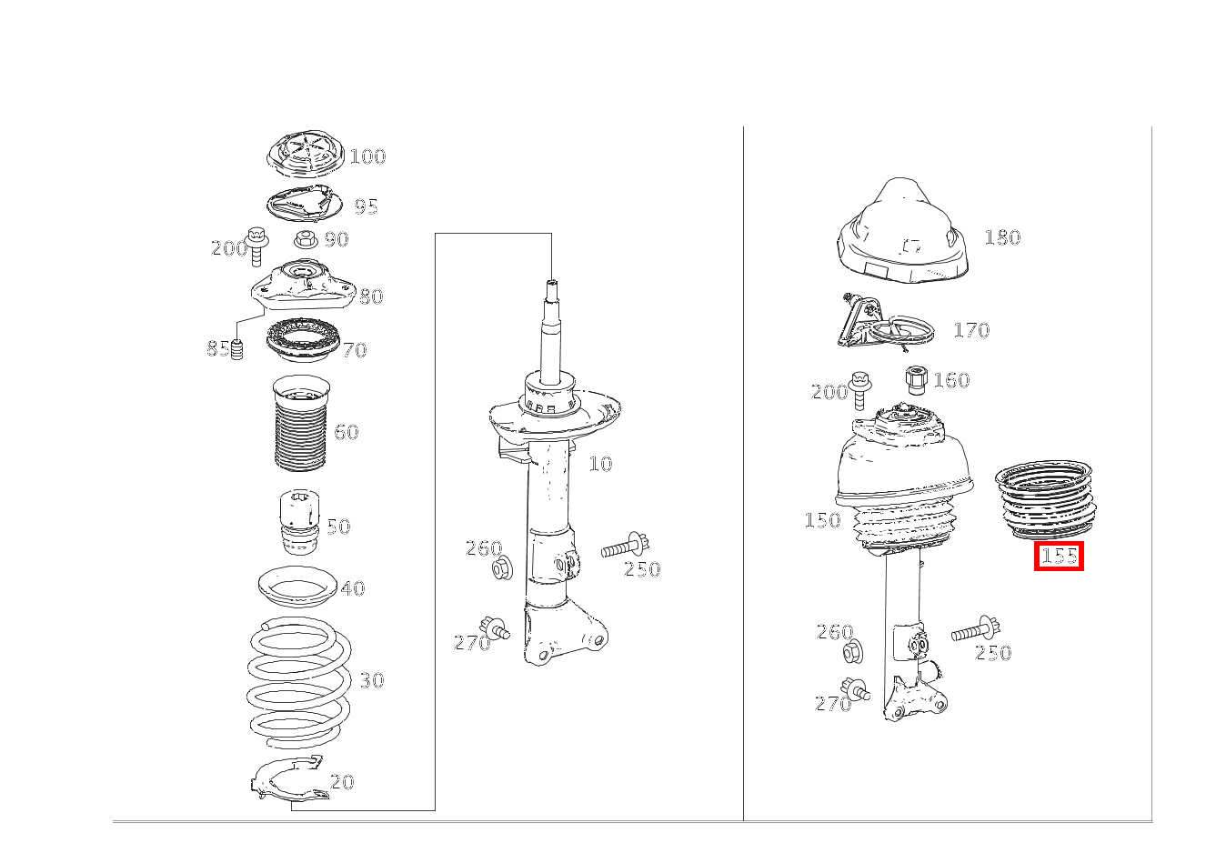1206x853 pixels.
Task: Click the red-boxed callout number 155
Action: pos(1059,556)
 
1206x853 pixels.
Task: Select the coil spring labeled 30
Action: pos(299,682)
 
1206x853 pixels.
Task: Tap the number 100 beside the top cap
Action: pos(367,156)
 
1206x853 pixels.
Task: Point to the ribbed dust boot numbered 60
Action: pos(302,424)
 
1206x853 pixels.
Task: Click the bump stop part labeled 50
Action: pos(300,521)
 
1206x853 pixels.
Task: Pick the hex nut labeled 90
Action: pos(307,238)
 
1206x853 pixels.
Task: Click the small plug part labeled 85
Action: pos(236,350)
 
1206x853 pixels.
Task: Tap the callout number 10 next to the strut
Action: pos(600,464)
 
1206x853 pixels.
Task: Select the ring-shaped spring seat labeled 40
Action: pos(297,588)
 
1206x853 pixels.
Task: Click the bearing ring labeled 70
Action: pos(303,340)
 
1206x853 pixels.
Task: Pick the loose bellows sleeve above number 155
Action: pos(1046,499)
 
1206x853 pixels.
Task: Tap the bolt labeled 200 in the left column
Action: pos(256,246)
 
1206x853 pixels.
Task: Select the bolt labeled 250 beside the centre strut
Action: pos(626,547)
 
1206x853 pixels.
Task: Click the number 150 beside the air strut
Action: pos(822,520)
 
